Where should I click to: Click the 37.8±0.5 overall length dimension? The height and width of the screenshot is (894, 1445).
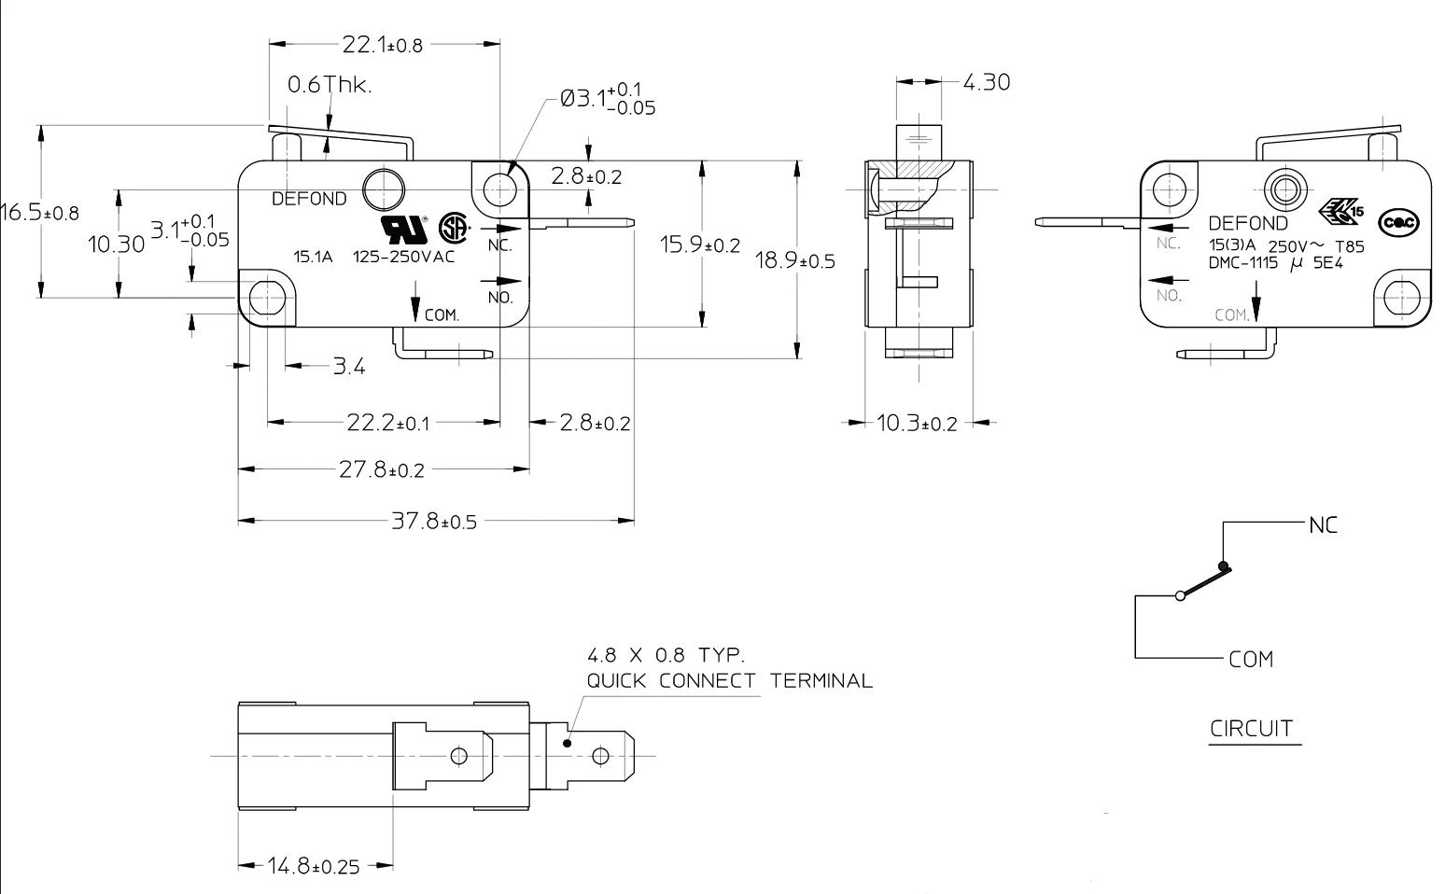click(x=433, y=521)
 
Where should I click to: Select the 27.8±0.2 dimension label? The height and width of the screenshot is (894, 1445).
click(x=381, y=470)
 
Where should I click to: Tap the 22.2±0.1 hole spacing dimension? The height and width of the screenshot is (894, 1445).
click(x=388, y=423)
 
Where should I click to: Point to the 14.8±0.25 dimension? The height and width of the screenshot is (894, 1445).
click(x=314, y=867)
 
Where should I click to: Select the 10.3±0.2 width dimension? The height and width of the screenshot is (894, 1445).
click(x=917, y=424)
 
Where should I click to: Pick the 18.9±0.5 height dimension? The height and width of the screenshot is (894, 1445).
click(x=794, y=260)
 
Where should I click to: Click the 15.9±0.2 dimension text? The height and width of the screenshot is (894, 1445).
click(x=700, y=245)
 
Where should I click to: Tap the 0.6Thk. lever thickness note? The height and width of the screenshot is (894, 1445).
click(x=329, y=85)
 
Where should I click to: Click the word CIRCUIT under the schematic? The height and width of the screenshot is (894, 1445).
click(x=1252, y=728)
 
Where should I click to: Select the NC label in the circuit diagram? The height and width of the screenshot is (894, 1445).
click(x=1323, y=525)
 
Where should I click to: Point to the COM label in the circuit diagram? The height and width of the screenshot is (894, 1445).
click(x=1251, y=660)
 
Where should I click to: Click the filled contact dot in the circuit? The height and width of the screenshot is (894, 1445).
click(x=1224, y=566)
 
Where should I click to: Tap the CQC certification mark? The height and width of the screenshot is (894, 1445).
click(x=1399, y=222)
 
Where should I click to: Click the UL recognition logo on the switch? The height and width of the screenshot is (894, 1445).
click(x=402, y=228)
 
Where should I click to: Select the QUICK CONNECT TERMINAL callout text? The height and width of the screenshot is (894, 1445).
click(x=729, y=680)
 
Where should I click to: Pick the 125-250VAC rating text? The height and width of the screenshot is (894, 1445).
click(x=403, y=258)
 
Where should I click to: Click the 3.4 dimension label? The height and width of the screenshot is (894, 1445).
click(x=349, y=367)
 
